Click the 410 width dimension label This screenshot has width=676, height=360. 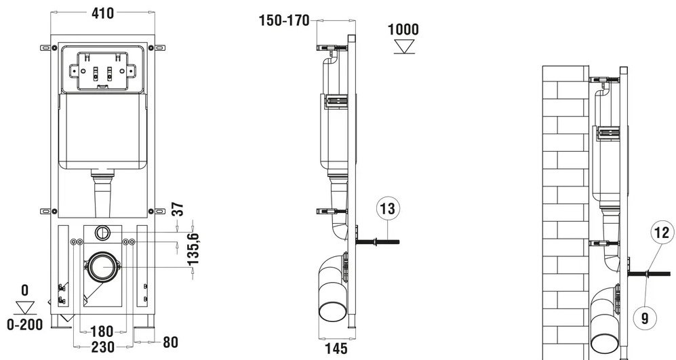(103, 14)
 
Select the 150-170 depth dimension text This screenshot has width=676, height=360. (284, 20)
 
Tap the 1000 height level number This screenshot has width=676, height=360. (403, 30)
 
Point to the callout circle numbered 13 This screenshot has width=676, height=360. (388, 209)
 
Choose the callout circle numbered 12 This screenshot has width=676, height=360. (662, 233)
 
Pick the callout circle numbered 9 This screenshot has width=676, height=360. (645, 318)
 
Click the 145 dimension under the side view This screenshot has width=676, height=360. (336, 348)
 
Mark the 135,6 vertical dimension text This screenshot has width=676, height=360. (193, 249)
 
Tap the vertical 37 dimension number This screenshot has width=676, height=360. (178, 209)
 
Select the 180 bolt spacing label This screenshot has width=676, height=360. (102, 332)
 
